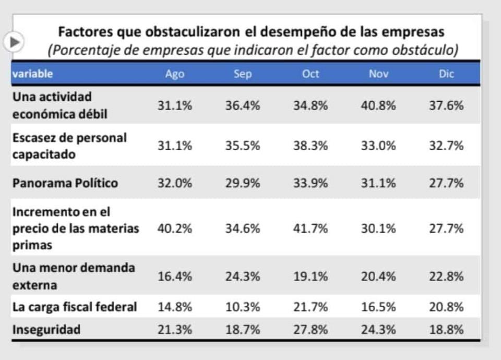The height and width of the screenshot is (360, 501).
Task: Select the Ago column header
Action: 174,74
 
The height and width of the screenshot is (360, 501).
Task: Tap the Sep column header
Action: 243,74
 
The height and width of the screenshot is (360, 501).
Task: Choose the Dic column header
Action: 446,74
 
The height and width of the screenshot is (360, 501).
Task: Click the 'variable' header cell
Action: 32,74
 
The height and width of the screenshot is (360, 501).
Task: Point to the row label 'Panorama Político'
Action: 65,183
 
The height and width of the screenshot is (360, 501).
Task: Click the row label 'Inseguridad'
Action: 46,330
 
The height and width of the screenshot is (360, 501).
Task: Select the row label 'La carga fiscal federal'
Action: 75,307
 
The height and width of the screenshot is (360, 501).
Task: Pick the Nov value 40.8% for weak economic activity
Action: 378,105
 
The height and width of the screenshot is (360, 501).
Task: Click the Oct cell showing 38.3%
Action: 311,146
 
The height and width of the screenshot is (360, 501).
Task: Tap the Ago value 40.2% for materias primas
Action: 175,229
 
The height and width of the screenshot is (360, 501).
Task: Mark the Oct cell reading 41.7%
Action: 311,229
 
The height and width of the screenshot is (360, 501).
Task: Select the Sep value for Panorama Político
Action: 243,183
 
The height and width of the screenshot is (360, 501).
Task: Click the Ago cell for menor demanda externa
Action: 175,277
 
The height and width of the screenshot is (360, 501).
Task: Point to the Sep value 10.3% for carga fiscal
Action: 243,307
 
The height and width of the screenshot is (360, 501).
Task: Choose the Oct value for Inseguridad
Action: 311,330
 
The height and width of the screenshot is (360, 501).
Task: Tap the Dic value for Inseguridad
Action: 446,330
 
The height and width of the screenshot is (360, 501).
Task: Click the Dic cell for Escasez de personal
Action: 446,146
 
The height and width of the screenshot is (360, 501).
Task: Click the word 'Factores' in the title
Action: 83,32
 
